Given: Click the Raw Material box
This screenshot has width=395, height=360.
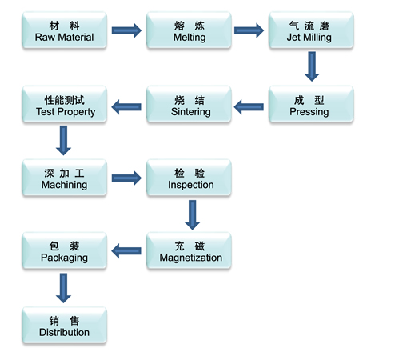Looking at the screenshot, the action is click(x=64, y=30).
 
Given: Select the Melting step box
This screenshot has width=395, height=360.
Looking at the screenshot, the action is click(x=189, y=30).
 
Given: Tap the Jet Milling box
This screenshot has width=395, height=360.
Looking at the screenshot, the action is click(x=311, y=30).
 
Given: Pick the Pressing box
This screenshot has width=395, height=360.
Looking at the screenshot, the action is click(x=311, y=104).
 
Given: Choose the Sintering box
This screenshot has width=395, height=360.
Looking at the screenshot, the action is click(x=189, y=104).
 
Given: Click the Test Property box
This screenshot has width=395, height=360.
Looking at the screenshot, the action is click(x=64, y=104).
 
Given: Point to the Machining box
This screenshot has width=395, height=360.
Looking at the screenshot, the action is click(x=64, y=178).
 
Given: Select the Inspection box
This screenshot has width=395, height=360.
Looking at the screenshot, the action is click(x=189, y=178).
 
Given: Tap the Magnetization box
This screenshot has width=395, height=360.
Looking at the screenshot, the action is click(x=189, y=250).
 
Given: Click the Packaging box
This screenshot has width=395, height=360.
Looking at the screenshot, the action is click(x=64, y=250).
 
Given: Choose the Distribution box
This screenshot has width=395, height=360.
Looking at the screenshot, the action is click(x=64, y=326).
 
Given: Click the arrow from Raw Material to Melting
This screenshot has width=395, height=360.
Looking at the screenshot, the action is click(x=126, y=30).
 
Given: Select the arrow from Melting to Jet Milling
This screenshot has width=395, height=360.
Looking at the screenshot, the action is click(x=249, y=30).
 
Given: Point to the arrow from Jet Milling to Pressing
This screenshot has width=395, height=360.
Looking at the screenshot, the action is click(x=312, y=66).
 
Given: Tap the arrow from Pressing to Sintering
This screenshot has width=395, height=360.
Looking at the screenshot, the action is click(x=249, y=107).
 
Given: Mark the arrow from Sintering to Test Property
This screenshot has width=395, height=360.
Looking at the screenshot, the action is click(x=126, y=107).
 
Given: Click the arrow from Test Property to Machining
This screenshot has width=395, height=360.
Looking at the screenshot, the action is click(x=63, y=141).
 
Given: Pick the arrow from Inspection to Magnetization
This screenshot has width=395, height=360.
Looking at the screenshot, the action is click(x=192, y=215).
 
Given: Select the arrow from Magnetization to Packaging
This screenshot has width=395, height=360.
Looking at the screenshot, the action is click(x=126, y=250).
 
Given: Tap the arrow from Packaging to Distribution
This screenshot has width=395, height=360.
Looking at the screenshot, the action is click(x=63, y=288).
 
